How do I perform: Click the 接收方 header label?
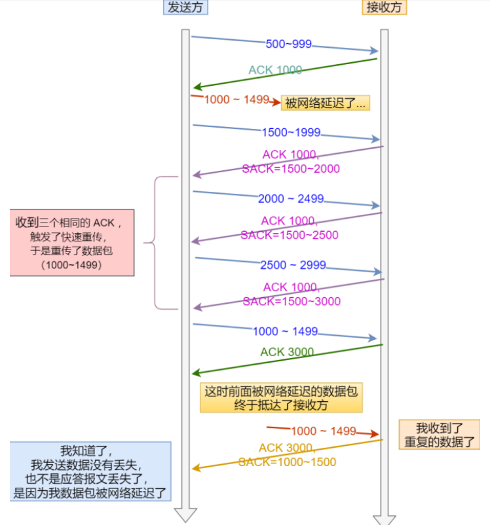[385, 9]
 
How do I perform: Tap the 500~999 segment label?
[289, 45]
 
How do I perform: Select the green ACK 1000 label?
[275, 70]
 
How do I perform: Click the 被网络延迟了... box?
[326, 103]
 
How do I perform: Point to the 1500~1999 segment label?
[291, 133]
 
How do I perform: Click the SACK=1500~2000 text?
[291, 169]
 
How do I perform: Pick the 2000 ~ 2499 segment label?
[291, 199]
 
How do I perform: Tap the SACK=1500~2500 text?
[290, 235]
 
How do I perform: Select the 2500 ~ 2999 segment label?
[293, 266]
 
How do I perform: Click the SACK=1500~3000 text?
[292, 301]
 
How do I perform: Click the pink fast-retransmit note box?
[72, 242]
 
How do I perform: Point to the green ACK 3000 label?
[287, 352]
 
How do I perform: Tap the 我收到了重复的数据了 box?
[440, 435]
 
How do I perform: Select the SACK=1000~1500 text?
[287, 462]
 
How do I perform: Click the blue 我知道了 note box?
[90, 471]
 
